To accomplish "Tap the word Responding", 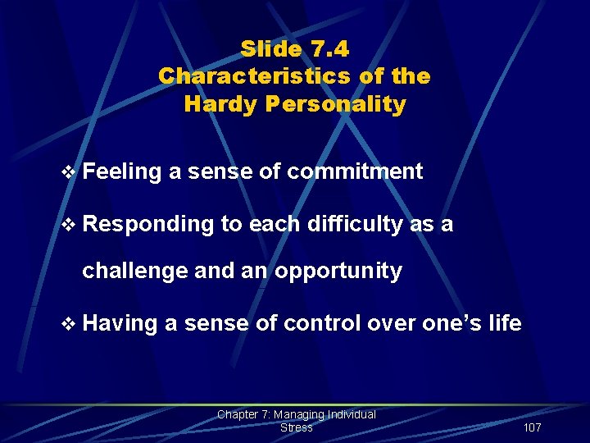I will pyautogui.click(x=148, y=225).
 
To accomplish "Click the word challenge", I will pyautogui.click(x=134, y=272).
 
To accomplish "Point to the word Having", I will pyautogui.click(x=120, y=323).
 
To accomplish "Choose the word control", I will pyautogui.click(x=322, y=323).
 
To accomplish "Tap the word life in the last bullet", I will pyautogui.click(x=504, y=323).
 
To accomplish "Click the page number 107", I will pyautogui.click(x=531, y=427).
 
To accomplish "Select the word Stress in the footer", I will pyautogui.click(x=296, y=427).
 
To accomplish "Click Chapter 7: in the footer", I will pyautogui.click(x=244, y=415).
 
